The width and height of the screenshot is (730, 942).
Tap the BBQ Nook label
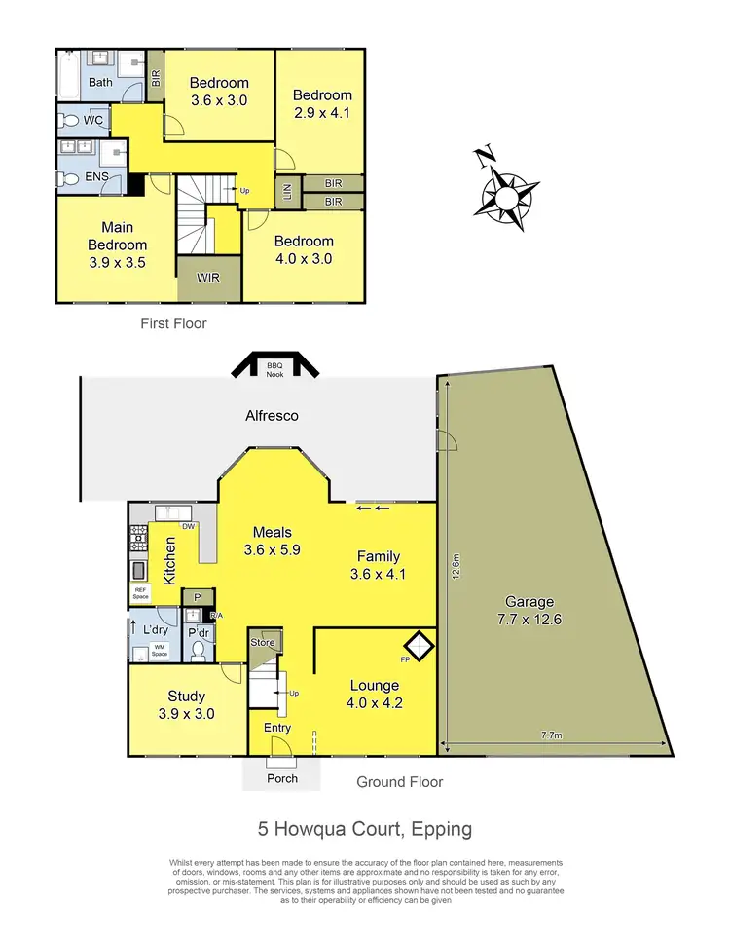point(274,368)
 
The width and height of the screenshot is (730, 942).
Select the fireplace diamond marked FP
point(419,645)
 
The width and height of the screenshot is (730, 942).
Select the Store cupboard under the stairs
point(264,643)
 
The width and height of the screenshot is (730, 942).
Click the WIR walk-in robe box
point(208,278)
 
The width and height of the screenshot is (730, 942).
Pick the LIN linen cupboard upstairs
point(286,190)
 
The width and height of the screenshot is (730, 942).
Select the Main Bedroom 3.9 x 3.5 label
point(117,245)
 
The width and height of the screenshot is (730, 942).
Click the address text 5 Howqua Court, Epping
point(365,829)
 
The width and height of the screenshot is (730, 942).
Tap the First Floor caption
point(173,323)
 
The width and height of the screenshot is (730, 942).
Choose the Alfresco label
point(271,416)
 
